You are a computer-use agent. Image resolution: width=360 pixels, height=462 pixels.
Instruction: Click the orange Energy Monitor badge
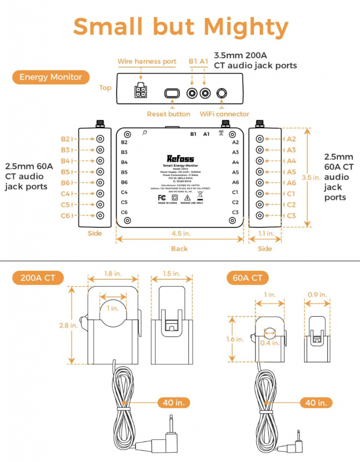[x=51, y=77]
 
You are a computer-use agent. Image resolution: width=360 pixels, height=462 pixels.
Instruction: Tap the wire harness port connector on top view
[x=140, y=92]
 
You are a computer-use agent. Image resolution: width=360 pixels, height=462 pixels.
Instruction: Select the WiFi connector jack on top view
[x=222, y=93]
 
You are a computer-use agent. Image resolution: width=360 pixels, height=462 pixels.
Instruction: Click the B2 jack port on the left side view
[x=100, y=139]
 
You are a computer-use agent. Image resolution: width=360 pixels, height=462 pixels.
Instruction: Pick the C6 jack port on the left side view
[x=100, y=216]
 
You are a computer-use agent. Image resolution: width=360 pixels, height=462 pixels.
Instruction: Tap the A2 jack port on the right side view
[x=259, y=139]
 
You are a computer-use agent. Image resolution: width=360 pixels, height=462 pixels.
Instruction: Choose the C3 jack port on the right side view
[x=259, y=216]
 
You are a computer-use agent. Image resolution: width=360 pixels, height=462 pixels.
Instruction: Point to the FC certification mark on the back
[x=161, y=197]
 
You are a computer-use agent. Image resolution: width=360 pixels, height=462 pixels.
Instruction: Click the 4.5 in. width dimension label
[x=180, y=233]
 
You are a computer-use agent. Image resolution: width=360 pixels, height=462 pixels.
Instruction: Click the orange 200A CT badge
[x=37, y=278]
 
